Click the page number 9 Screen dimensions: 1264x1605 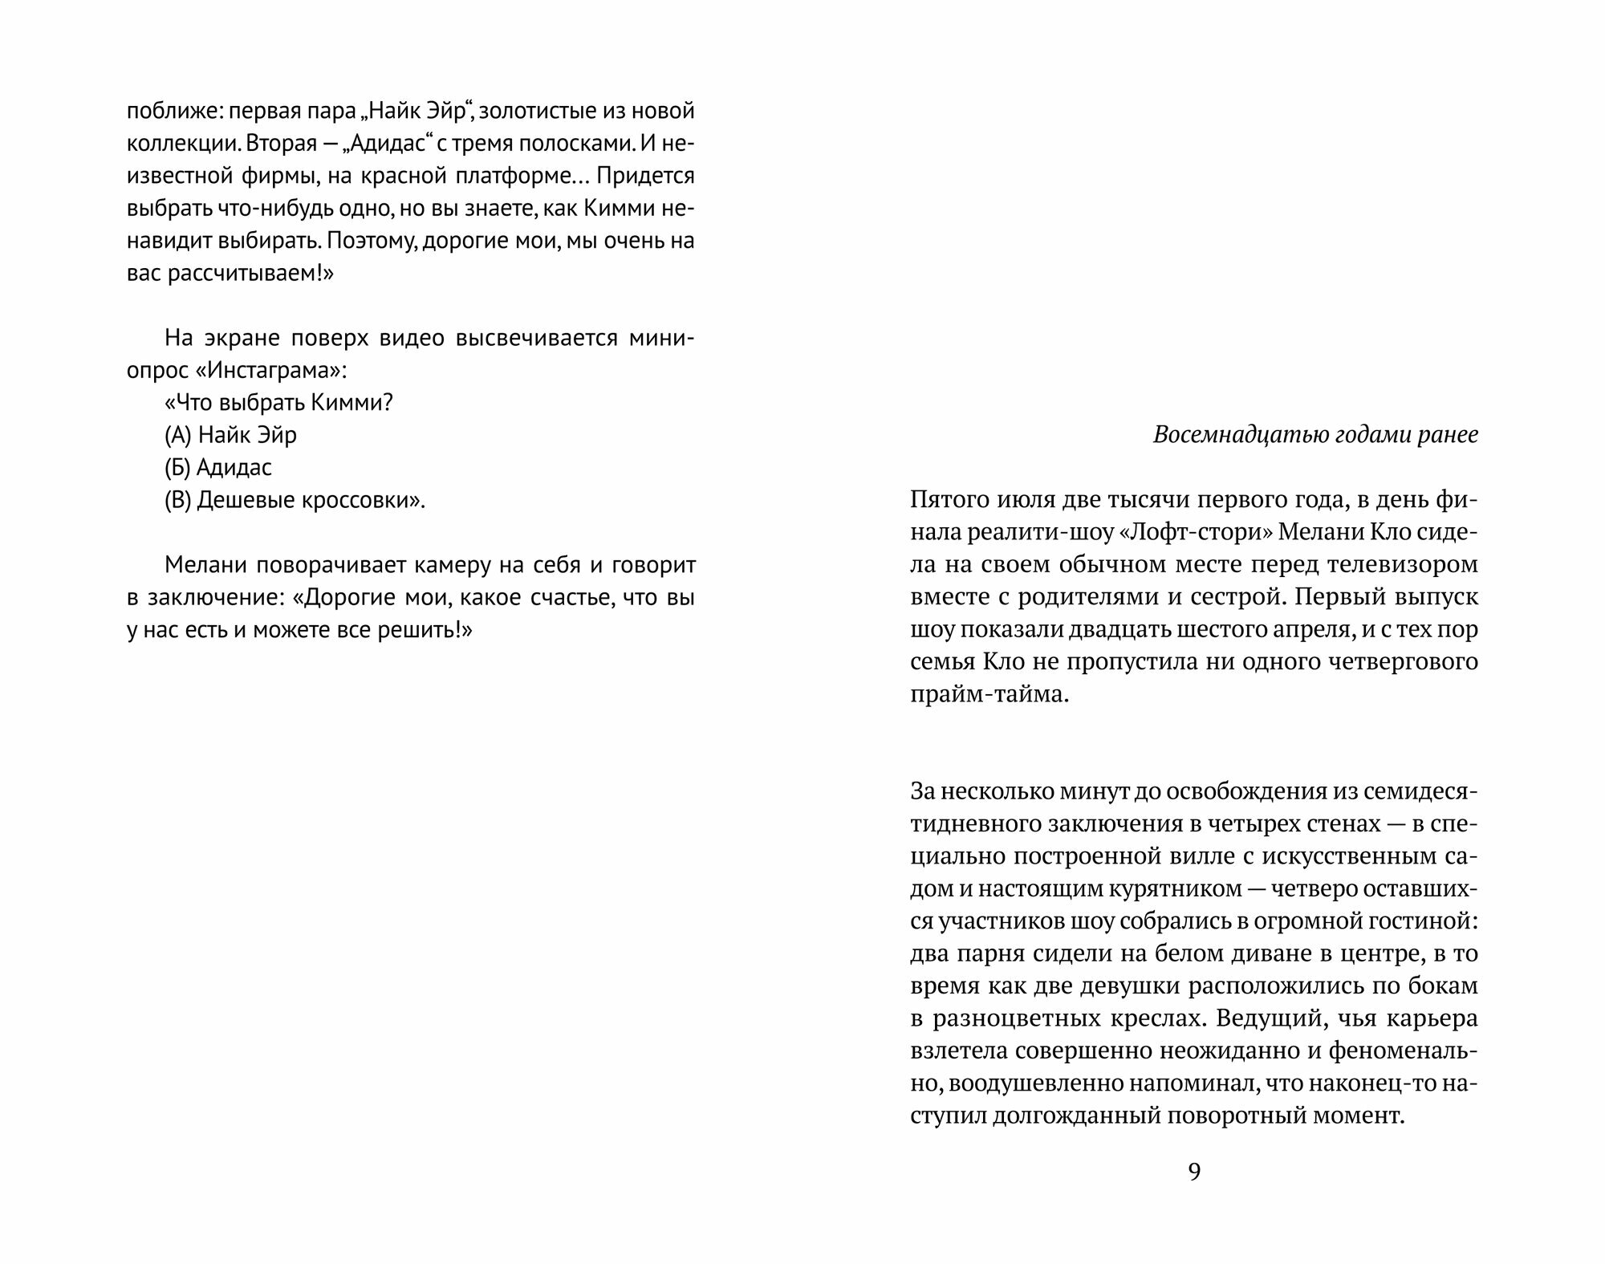click(x=1194, y=1173)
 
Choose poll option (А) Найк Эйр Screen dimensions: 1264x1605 click(x=231, y=435)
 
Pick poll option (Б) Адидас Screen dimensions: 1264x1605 click(x=218, y=467)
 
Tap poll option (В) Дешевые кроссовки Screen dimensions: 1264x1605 click(x=295, y=500)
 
